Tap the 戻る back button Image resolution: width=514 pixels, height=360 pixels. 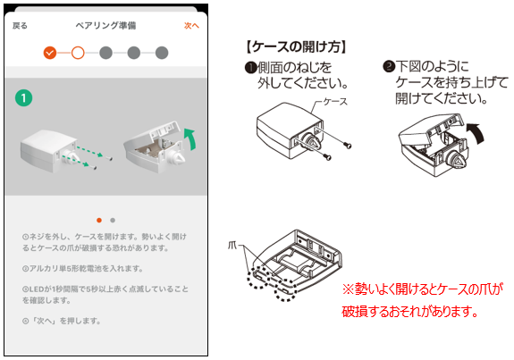[20, 26]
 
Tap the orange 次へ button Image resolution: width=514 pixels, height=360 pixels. [191, 26]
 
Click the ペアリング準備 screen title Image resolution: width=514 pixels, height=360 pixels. [105, 26]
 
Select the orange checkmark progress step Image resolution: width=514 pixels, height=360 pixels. [50, 53]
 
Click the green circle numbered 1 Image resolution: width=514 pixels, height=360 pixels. [23, 98]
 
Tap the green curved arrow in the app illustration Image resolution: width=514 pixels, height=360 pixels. [191, 138]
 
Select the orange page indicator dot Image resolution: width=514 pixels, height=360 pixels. [99, 220]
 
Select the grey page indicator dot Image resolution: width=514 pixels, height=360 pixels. [113, 220]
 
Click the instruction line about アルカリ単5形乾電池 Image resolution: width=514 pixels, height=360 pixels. [83, 269]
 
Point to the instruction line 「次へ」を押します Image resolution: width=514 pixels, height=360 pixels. [62, 321]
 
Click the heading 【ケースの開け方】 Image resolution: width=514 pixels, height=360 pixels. [296, 46]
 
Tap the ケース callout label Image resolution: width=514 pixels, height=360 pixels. [335, 102]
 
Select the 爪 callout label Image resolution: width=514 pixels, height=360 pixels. [232, 245]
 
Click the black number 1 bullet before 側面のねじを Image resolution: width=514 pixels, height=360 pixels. [251, 68]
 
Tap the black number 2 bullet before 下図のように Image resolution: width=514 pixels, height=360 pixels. [389, 66]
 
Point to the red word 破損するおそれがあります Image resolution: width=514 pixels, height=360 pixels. [409, 311]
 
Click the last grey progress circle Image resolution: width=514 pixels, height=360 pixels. [162, 53]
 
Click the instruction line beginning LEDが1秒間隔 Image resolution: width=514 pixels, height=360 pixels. [105, 295]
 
